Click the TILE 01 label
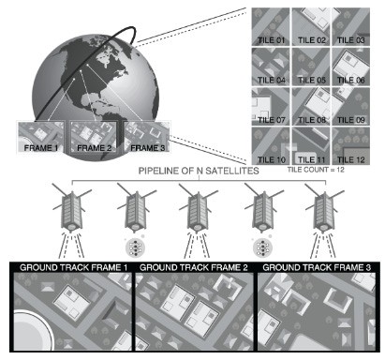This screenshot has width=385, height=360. point(272,40)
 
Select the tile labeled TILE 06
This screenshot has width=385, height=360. point(351,67)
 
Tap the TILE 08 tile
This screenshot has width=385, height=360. point(311,107)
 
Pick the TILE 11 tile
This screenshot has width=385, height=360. point(311,146)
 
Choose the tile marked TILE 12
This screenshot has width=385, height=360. point(351,146)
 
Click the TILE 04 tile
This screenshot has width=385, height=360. point(271,67)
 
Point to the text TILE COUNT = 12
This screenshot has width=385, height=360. point(316,170)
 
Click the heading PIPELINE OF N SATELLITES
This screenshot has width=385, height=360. point(199,171)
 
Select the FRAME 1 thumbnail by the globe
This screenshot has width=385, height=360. point(40,137)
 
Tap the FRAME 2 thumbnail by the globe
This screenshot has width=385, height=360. point(94,137)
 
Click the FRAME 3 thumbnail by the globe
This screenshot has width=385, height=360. point(147,137)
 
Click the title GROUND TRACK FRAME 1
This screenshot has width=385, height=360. point(73,267)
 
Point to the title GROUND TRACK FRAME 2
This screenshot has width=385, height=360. point(194,267)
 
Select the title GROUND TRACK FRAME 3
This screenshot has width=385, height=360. point(317,267)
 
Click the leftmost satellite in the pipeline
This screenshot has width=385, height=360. point(71,208)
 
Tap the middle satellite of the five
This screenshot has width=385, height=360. point(197,208)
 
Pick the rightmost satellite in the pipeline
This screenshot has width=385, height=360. point(323,208)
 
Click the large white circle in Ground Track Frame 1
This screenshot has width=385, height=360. point(33,331)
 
